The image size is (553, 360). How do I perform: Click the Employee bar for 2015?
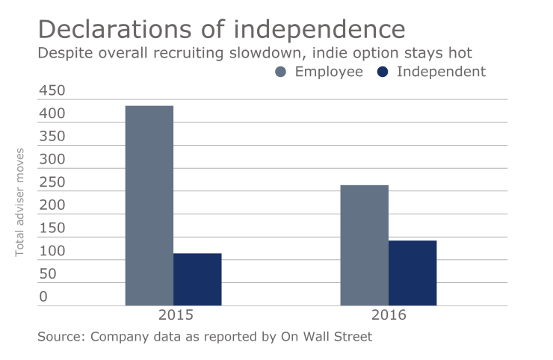[149, 205]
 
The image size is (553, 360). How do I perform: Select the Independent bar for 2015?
[197, 279]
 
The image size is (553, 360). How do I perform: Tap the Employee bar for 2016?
[364, 245]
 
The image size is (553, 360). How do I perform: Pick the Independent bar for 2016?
[413, 273]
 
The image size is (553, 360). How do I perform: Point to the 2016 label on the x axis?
[388, 315]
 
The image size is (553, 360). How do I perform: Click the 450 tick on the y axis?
[52, 91]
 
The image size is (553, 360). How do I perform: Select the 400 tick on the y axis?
[52, 114]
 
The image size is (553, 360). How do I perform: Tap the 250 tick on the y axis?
[52, 183]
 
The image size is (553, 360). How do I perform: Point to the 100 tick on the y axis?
[52, 252]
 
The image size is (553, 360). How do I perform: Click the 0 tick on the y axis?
[43, 297]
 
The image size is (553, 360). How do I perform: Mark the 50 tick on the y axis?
[48, 274]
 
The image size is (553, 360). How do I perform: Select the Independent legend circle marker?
[382, 72]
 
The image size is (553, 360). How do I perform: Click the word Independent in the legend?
[441, 72]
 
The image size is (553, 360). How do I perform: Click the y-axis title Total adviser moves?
[20, 202]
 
